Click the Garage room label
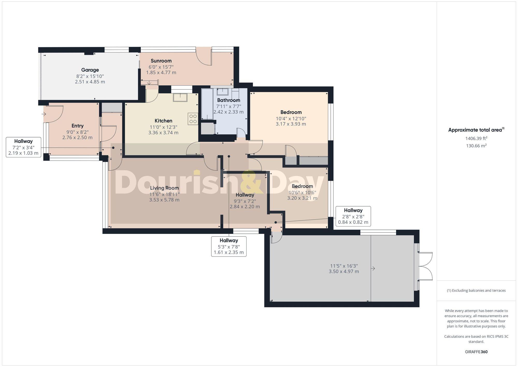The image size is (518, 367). [x=90, y=70]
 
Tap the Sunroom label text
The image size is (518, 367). [x=161, y=61]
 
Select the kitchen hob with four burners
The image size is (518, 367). [x=193, y=119]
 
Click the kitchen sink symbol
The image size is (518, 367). [x=180, y=97]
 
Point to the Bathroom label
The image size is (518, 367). [x=228, y=100]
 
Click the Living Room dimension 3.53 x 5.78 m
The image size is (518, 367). [x=164, y=200]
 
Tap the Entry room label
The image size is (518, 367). [x=77, y=126]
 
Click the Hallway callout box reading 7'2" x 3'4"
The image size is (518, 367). [x=23, y=147]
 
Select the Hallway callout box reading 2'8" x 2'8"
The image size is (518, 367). [x=353, y=216]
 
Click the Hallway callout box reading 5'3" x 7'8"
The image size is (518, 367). [x=229, y=246]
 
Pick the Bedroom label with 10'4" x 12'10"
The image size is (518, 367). [x=291, y=112]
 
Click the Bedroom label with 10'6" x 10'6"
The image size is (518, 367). [x=302, y=186]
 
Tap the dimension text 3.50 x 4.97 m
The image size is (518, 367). [x=344, y=272]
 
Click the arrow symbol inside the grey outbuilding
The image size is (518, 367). [x=373, y=269]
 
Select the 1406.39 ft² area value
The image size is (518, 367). [x=476, y=139]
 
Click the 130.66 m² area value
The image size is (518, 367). [x=476, y=146]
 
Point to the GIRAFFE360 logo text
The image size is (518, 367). [x=476, y=352]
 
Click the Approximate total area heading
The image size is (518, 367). [x=476, y=130]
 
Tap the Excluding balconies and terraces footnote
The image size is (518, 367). [x=476, y=290]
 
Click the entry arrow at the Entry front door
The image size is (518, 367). [x=44, y=114]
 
